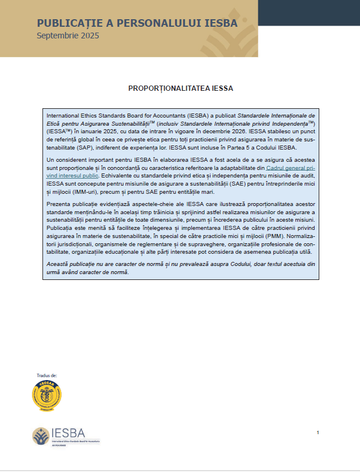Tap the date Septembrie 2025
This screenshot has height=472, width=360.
click(67, 36)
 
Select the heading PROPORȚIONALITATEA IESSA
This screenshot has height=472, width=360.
click(180, 89)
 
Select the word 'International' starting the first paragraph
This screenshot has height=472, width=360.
click(66, 116)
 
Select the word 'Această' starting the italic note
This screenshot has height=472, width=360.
click(59, 264)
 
